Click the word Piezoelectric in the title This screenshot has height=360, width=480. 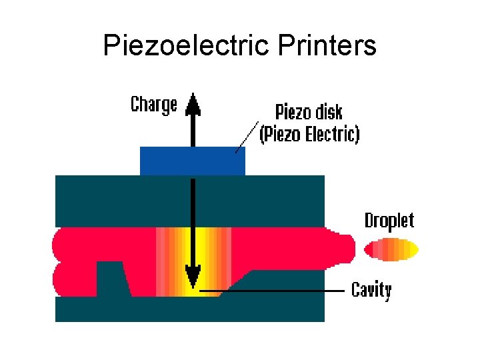point(173,46)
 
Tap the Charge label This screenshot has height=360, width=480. point(154,105)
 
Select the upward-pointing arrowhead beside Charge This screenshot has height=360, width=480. point(193,103)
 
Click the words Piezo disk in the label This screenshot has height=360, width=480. point(309,111)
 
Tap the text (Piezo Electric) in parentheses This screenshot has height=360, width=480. point(309,135)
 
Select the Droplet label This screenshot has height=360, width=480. point(389,221)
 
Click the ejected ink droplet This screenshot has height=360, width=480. point(391,250)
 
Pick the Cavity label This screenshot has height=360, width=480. point(371,290)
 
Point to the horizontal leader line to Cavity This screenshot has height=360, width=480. point(280,291)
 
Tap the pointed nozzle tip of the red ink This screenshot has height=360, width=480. point(349,247)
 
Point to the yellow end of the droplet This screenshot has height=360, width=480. point(411,250)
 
